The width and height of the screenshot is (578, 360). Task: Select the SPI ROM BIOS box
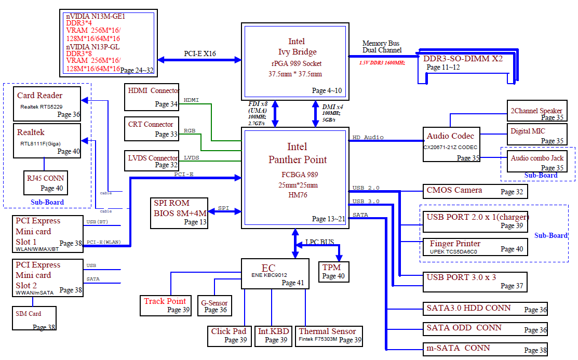click(x=180, y=213)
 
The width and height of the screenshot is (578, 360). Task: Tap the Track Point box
click(x=166, y=305)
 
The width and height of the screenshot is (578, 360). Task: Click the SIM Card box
click(x=34, y=318)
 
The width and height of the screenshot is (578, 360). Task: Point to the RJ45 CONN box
click(x=46, y=182)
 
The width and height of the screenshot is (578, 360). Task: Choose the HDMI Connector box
click(x=152, y=97)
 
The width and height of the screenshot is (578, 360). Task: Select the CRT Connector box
click(x=152, y=129)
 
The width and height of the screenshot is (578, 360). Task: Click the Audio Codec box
click(x=450, y=144)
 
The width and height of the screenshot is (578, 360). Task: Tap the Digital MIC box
click(x=536, y=135)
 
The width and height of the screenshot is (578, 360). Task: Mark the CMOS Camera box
click(x=475, y=191)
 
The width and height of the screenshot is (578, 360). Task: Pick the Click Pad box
click(x=228, y=336)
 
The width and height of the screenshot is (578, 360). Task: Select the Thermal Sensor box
click(x=329, y=336)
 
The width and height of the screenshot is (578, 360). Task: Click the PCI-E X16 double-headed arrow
click(x=199, y=60)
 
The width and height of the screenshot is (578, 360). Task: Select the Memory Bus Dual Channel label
click(x=382, y=47)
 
